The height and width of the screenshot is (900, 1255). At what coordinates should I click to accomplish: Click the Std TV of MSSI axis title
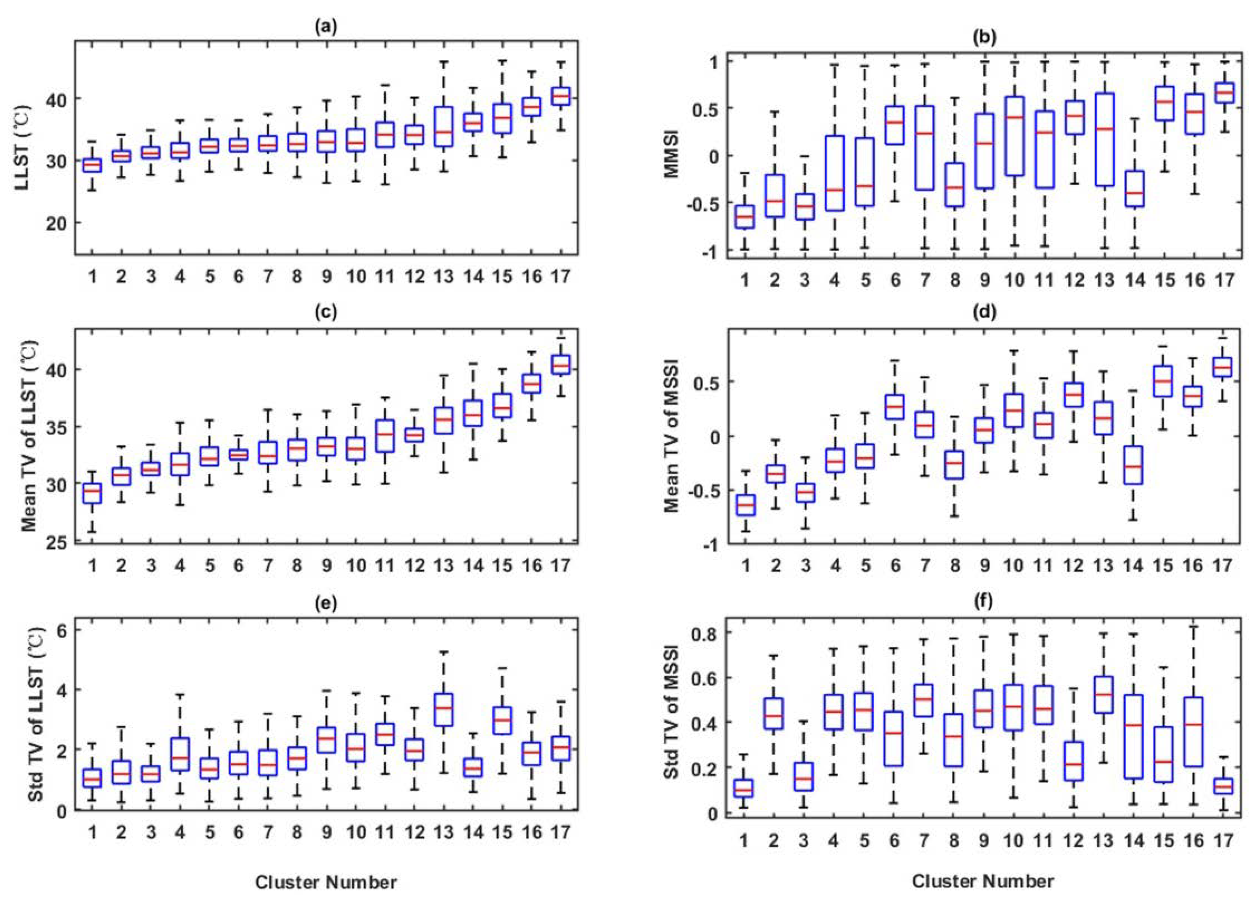671,720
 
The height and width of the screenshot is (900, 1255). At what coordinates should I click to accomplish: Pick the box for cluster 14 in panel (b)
1134,189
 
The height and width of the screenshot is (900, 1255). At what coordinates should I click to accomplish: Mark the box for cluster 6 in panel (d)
895,407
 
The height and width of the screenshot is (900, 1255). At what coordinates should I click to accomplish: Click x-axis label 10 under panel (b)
1014,281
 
